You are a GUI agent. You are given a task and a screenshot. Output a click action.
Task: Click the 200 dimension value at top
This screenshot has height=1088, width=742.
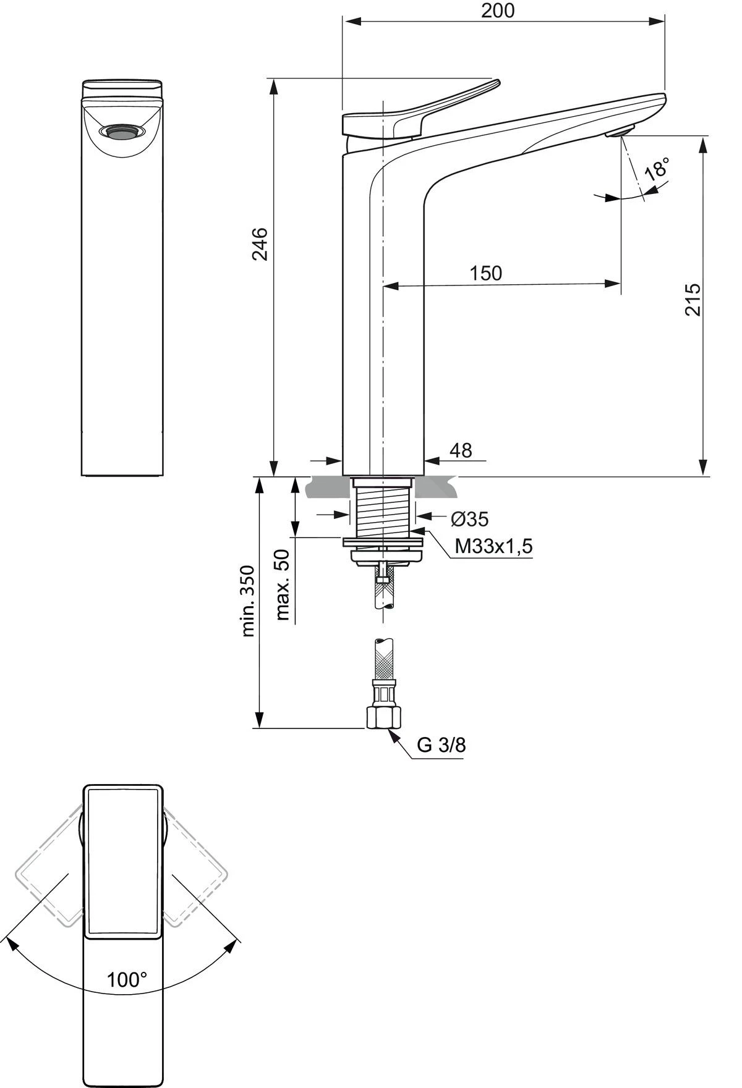click(498, 11)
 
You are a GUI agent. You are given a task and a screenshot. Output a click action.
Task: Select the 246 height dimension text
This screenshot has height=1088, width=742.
click(260, 244)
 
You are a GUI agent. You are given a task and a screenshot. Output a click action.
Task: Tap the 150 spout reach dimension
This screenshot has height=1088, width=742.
click(485, 273)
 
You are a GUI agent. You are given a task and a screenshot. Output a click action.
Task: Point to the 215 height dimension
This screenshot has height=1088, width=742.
click(693, 300)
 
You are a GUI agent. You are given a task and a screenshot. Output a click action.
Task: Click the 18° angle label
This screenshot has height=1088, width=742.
click(657, 169)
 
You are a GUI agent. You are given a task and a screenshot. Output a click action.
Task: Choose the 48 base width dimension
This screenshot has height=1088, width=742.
click(460, 450)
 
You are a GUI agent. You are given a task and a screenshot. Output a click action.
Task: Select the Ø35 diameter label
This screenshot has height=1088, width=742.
click(470, 519)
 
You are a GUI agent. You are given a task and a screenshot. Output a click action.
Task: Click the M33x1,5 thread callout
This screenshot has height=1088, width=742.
click(493, 546)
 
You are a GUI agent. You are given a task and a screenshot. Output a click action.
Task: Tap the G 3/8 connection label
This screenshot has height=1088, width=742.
click(441, 745)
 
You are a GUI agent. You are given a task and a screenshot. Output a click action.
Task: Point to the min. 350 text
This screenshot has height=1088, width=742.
click(248, 601)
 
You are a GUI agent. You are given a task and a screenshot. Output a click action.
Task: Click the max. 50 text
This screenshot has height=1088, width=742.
click(283, 584)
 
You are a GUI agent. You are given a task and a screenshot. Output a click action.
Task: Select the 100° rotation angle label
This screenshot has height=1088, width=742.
click(127, 979)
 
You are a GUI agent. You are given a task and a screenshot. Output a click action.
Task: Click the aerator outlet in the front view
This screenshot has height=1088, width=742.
click(122, 132)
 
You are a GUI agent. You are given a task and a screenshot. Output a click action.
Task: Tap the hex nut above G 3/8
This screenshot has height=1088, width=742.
click(384, 717)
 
